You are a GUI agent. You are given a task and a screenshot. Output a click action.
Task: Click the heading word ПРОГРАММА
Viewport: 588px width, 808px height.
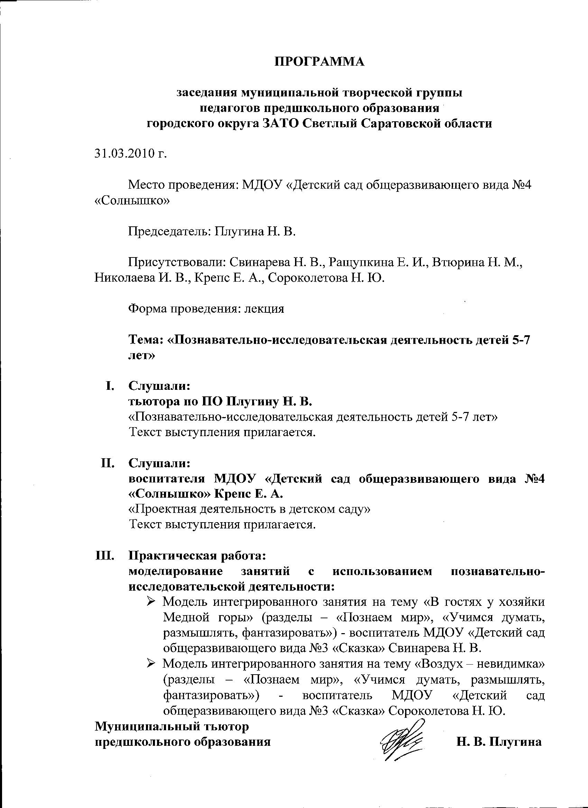click(x=320, y=62)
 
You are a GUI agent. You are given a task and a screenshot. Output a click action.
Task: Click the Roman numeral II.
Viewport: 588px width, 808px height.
click(x=107, y=463)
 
